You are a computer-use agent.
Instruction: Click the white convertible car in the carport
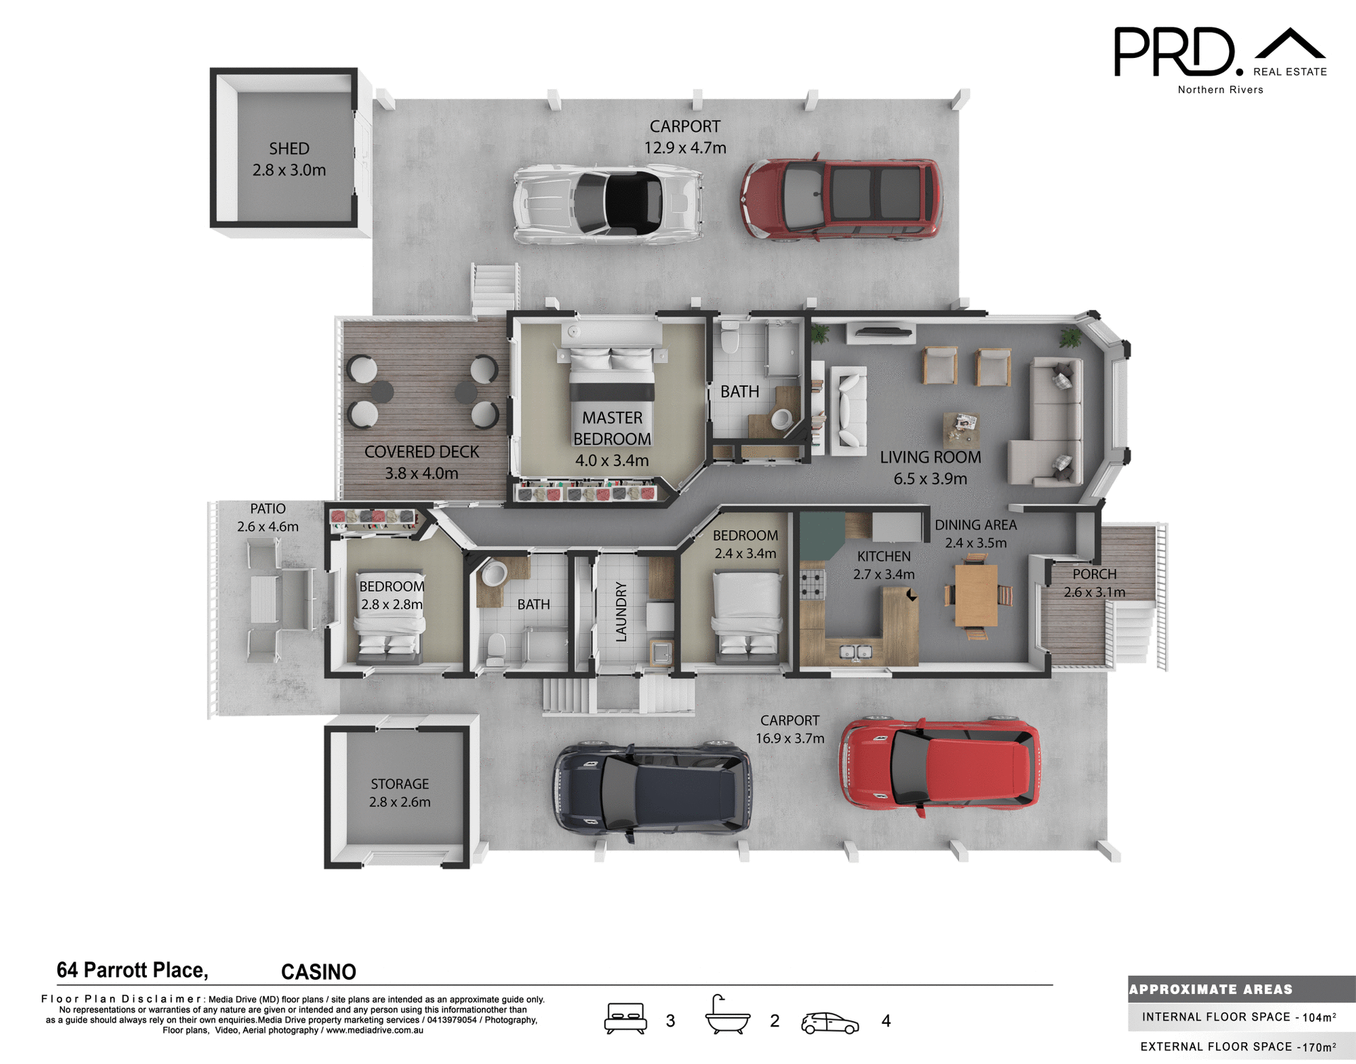(x=607, y=205)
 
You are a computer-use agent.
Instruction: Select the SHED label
(x=289, y=149)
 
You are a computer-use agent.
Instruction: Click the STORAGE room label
(x=400, y=784)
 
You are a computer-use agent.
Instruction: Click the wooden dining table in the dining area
(x=976, y=594)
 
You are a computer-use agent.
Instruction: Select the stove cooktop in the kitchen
(x=811, y=585)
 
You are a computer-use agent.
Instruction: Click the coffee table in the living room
(x=961, y=429)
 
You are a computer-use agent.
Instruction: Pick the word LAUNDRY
(x=621, y=611)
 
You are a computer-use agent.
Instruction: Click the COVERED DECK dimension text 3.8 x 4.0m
(x=421, y=473)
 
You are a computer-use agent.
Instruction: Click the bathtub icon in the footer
(x=727, y=1017)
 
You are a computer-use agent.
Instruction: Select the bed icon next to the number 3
(x=625, y=1019)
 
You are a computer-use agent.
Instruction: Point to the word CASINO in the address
(x=319, y=972)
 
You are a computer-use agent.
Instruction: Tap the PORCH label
(x=1094, y=574)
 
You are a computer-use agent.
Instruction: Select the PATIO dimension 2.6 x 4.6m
(x=268, y=527)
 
